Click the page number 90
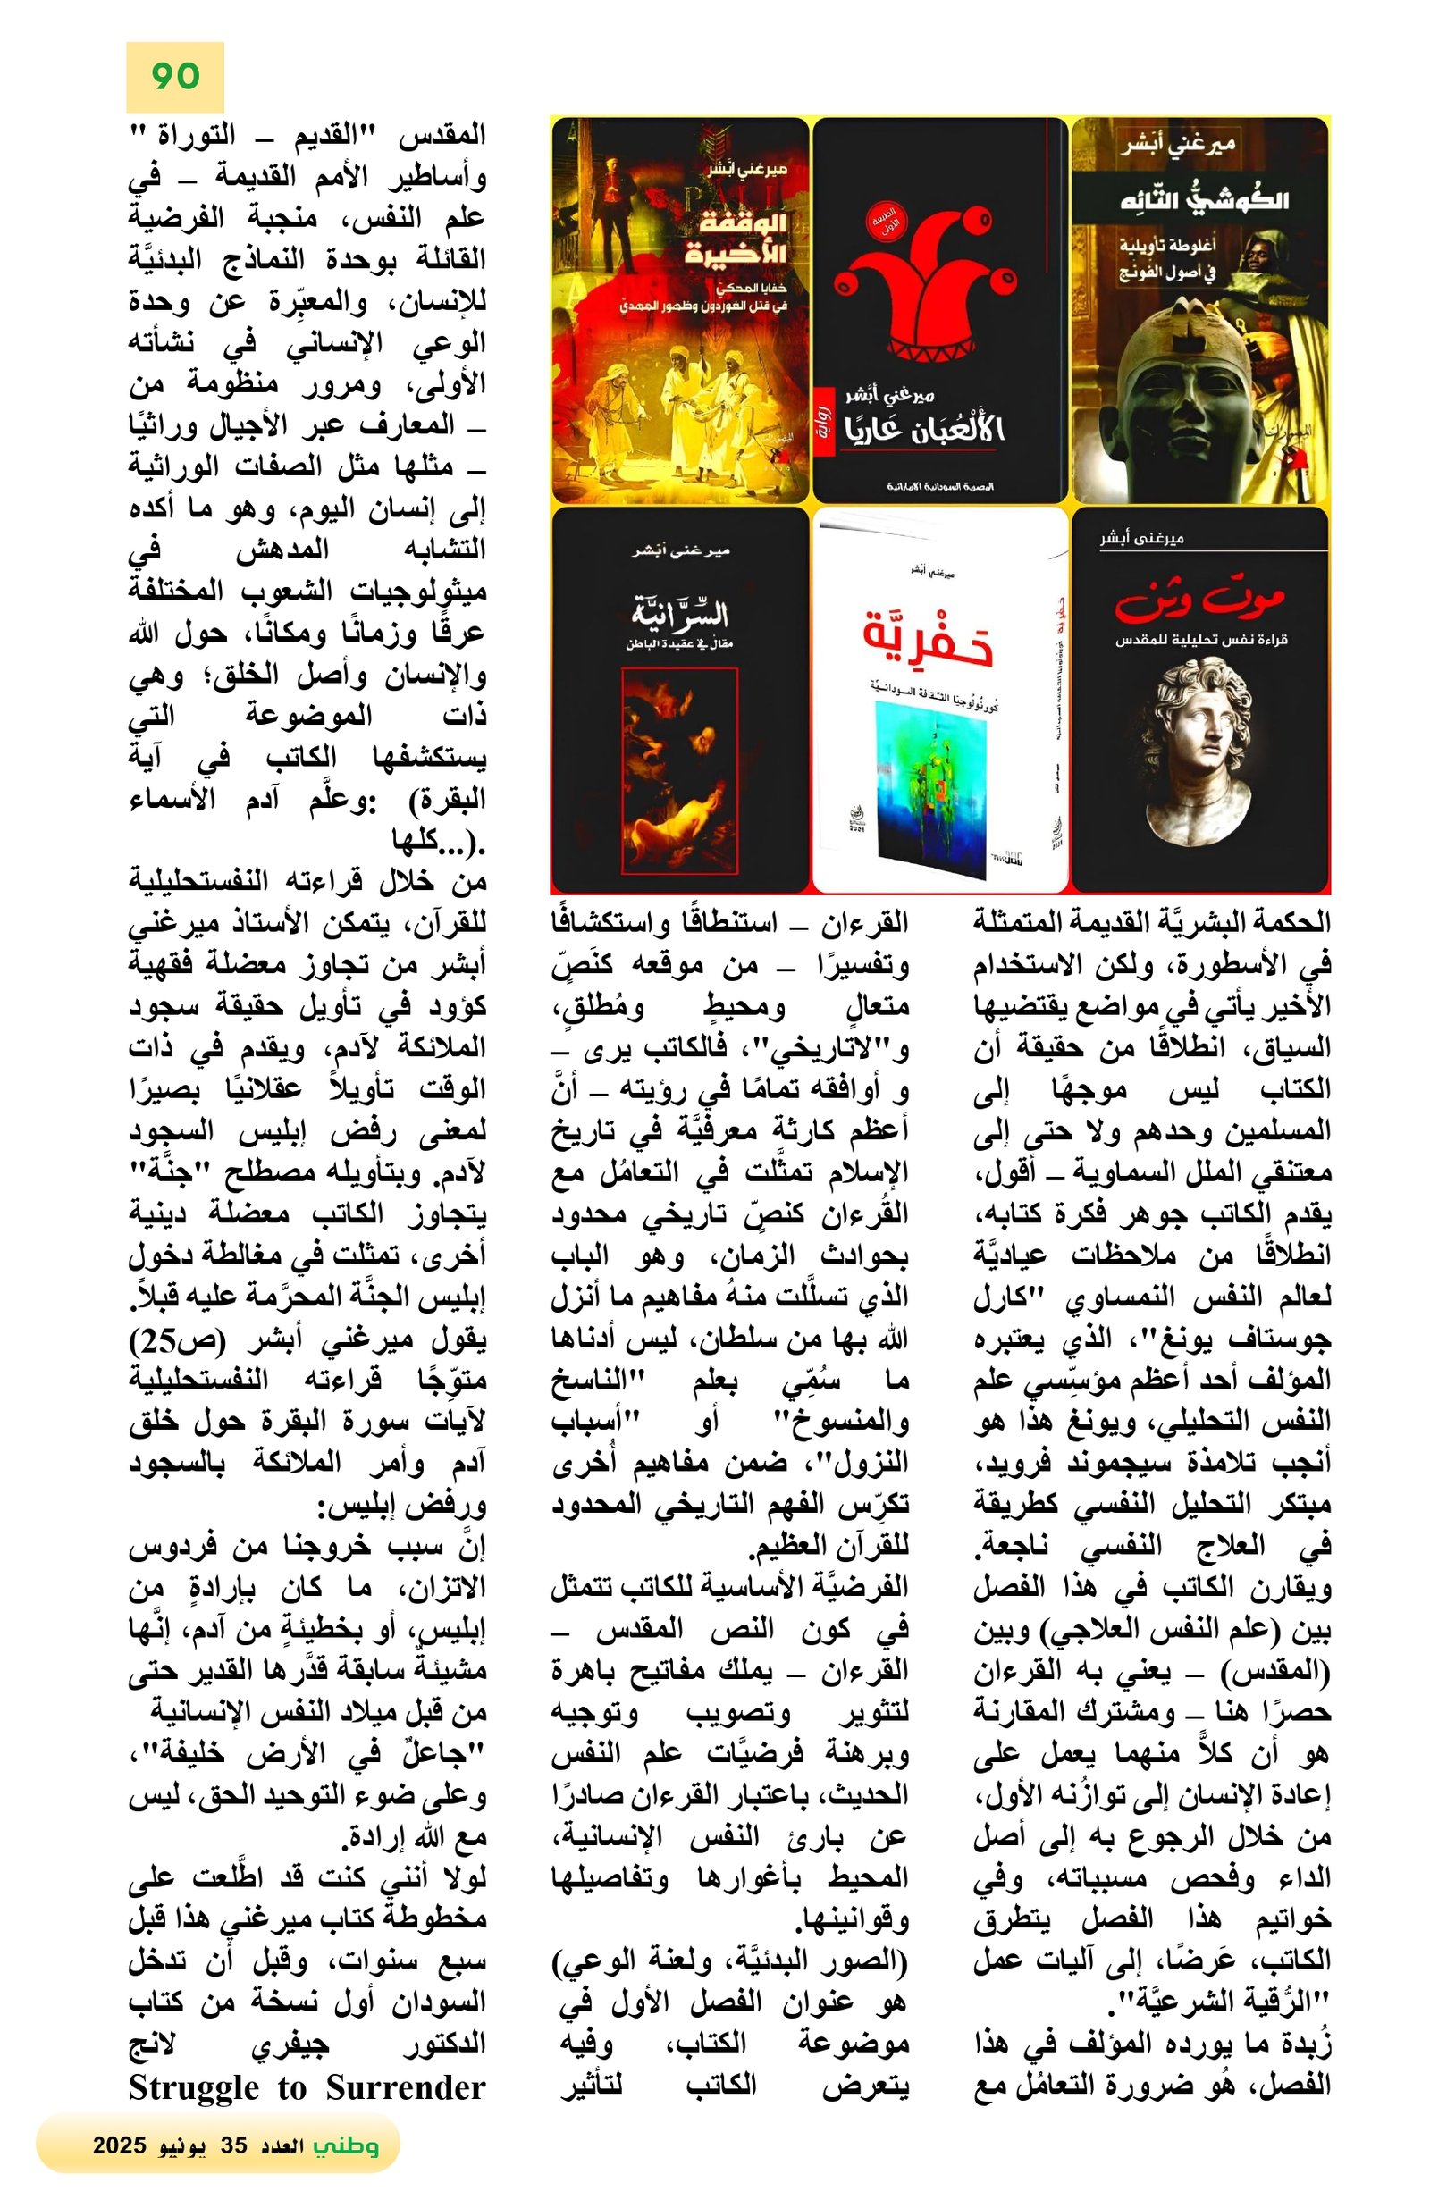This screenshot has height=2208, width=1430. [174, 77]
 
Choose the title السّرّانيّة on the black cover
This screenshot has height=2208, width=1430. [679, 613]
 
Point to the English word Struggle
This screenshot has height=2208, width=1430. [194, 2088]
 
